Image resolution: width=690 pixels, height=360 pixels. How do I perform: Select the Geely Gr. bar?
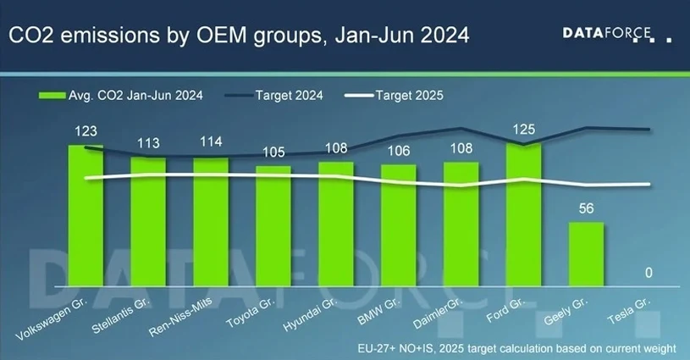click(586, 254)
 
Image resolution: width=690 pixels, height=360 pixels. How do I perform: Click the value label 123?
click(86, 131)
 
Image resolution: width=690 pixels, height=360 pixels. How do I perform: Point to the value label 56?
click(586, 208)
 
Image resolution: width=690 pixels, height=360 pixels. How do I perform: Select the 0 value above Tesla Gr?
click(649, 273)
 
